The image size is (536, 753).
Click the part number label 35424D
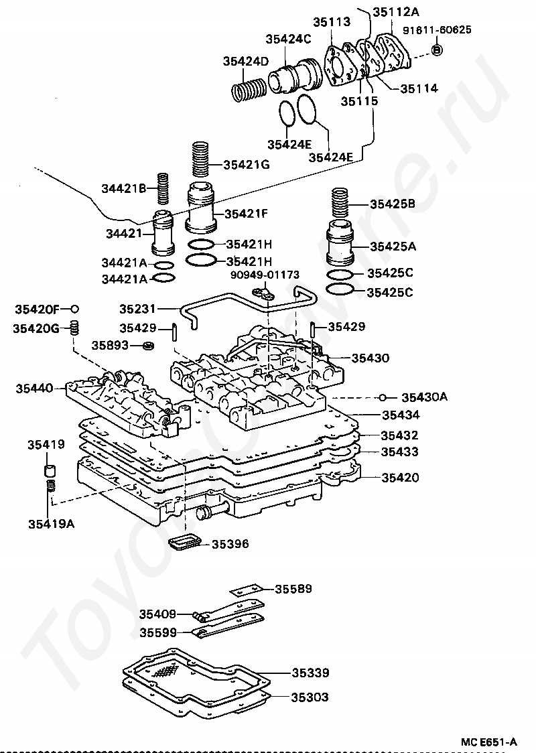245,62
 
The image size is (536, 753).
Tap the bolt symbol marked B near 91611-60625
437,50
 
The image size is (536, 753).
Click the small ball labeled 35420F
75,309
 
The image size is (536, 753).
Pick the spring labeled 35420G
76,328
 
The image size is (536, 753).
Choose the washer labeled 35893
149,346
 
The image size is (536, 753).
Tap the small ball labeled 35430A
384,397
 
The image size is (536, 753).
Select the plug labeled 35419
49,468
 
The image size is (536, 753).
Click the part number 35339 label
310,673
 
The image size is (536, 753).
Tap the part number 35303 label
310,697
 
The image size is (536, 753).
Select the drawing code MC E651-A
488,742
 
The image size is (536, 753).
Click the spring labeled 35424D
249,89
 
